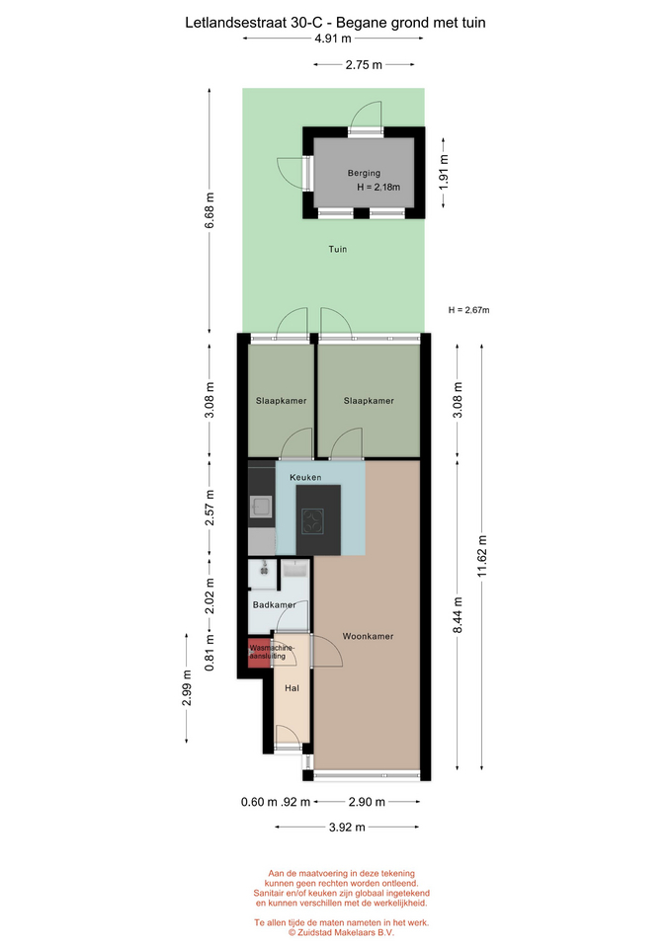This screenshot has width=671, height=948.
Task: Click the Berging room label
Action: tap(364, 173)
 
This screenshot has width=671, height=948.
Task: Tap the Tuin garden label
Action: tap(338, 249)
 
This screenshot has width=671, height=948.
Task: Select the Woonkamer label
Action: tap(368, 636)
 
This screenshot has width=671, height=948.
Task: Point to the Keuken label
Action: tap(305, 477)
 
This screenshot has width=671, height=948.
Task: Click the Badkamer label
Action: tap(274, 604)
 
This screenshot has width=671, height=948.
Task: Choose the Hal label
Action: tap(292, 688)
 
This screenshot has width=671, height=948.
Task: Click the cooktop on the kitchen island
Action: tap(313, 521)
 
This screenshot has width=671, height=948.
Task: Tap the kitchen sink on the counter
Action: tap(262, 507)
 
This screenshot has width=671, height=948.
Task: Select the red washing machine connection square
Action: tap(258, 653)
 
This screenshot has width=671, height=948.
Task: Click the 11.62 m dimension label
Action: tap(482, 556)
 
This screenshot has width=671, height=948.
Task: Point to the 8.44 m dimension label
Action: tap(458, 615)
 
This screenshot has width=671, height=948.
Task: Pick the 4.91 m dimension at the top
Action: tap(333, 39)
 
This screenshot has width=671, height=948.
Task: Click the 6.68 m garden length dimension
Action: tap(210, 210)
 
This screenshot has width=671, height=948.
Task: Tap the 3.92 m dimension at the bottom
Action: tap(347, 828)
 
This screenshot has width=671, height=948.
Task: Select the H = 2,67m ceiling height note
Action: tap(469, 310)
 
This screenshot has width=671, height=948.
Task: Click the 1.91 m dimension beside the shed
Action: tap(444, 172)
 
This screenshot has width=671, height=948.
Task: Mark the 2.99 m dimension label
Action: tap(187, 688)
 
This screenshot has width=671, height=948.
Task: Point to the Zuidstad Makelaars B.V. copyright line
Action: tap(341, 932)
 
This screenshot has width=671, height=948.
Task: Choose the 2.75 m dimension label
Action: tap(364, 65)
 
